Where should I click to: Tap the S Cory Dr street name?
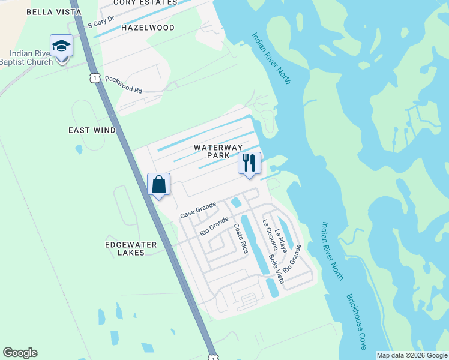[100, 25]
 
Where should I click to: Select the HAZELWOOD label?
[148, 28]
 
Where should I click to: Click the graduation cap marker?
[61, 45]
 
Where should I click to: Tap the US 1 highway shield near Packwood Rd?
[94, 78]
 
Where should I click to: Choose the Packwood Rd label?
[123, 84]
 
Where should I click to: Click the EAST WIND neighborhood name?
[92, 130]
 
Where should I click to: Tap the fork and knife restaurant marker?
[249, 163]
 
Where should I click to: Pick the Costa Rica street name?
[241, 238]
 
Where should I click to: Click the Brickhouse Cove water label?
[355, 322]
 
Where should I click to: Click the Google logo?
[20, 353]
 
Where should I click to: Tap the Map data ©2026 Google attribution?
[412, 355]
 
